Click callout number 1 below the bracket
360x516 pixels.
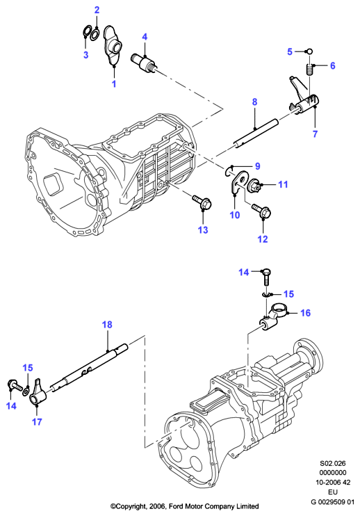pyautogui.click(x=114, y=83)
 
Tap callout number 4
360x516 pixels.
pyautogui.click(x=145, y=37)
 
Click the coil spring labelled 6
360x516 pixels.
pyautogui.click(x=309, y=69)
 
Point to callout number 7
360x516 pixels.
pyautogui.click(x=315, y=134)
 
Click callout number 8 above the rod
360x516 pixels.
pyautogui.click(x=255, y=102)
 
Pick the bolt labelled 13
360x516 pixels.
pyautogui.click(x=202, y=202)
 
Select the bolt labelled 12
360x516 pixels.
pyautogui.click(x=262, y=211)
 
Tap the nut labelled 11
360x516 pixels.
pyautogui.click(x=254, y=185)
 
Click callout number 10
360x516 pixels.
pyautogui.click(x=235, y=215)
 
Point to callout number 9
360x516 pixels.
pyautogui.click(x=257, y=166)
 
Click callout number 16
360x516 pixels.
pyautogui.click(x=305, y=312)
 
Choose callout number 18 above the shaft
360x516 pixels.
pyautogui.click(x=107, y=325)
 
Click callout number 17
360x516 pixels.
pyautogui.click(x=37, y=421)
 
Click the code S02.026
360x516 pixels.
pyautogui.click(x=333, y=463)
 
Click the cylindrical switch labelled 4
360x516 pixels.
pyautogui.click(x=144, y=62)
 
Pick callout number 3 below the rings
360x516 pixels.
pyautogui.click(x=85, y=55)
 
